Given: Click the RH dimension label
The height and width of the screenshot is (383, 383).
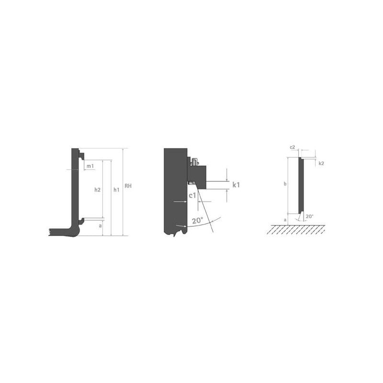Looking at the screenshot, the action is (x=128, y=186).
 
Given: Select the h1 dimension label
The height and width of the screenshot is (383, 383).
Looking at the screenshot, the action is (x=116, y=190).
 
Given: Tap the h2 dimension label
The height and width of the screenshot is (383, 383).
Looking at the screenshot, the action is (x=98, y=190).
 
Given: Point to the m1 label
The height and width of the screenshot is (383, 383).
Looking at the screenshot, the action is (x=90, y=166).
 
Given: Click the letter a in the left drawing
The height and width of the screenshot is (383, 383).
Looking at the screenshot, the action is (x=100, y=226).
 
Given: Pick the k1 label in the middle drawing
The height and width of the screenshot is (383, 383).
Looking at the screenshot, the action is (x=236, y=185).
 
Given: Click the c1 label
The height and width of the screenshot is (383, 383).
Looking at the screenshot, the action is (x=192, y=195).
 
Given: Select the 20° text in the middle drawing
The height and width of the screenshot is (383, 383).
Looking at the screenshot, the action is (x=197, y=221).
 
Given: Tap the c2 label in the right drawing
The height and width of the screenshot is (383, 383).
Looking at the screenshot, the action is (x=293, y=147).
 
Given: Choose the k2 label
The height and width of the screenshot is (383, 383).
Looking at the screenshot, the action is (x=321, y=163).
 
